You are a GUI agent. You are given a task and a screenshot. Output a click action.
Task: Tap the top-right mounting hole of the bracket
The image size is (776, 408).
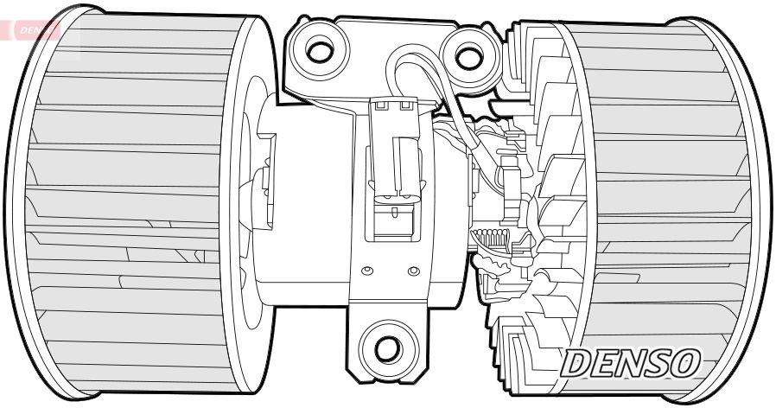pos(468,57)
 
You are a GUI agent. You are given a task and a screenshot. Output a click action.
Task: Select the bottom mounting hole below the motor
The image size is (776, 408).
pos(387,348)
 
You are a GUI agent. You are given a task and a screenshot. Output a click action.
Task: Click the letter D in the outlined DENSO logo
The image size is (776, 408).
pos(579,363)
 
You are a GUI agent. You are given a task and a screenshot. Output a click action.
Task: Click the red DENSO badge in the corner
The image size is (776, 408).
pos(35,30)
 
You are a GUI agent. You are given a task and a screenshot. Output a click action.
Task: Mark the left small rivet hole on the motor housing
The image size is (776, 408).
pos(368,273)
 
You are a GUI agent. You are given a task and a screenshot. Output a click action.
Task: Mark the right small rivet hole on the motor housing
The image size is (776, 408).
pos(413,274)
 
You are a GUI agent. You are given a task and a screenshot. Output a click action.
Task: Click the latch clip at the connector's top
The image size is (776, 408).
pos(391,106)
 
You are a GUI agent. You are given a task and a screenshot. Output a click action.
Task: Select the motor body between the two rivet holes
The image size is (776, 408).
pos(391,274)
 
